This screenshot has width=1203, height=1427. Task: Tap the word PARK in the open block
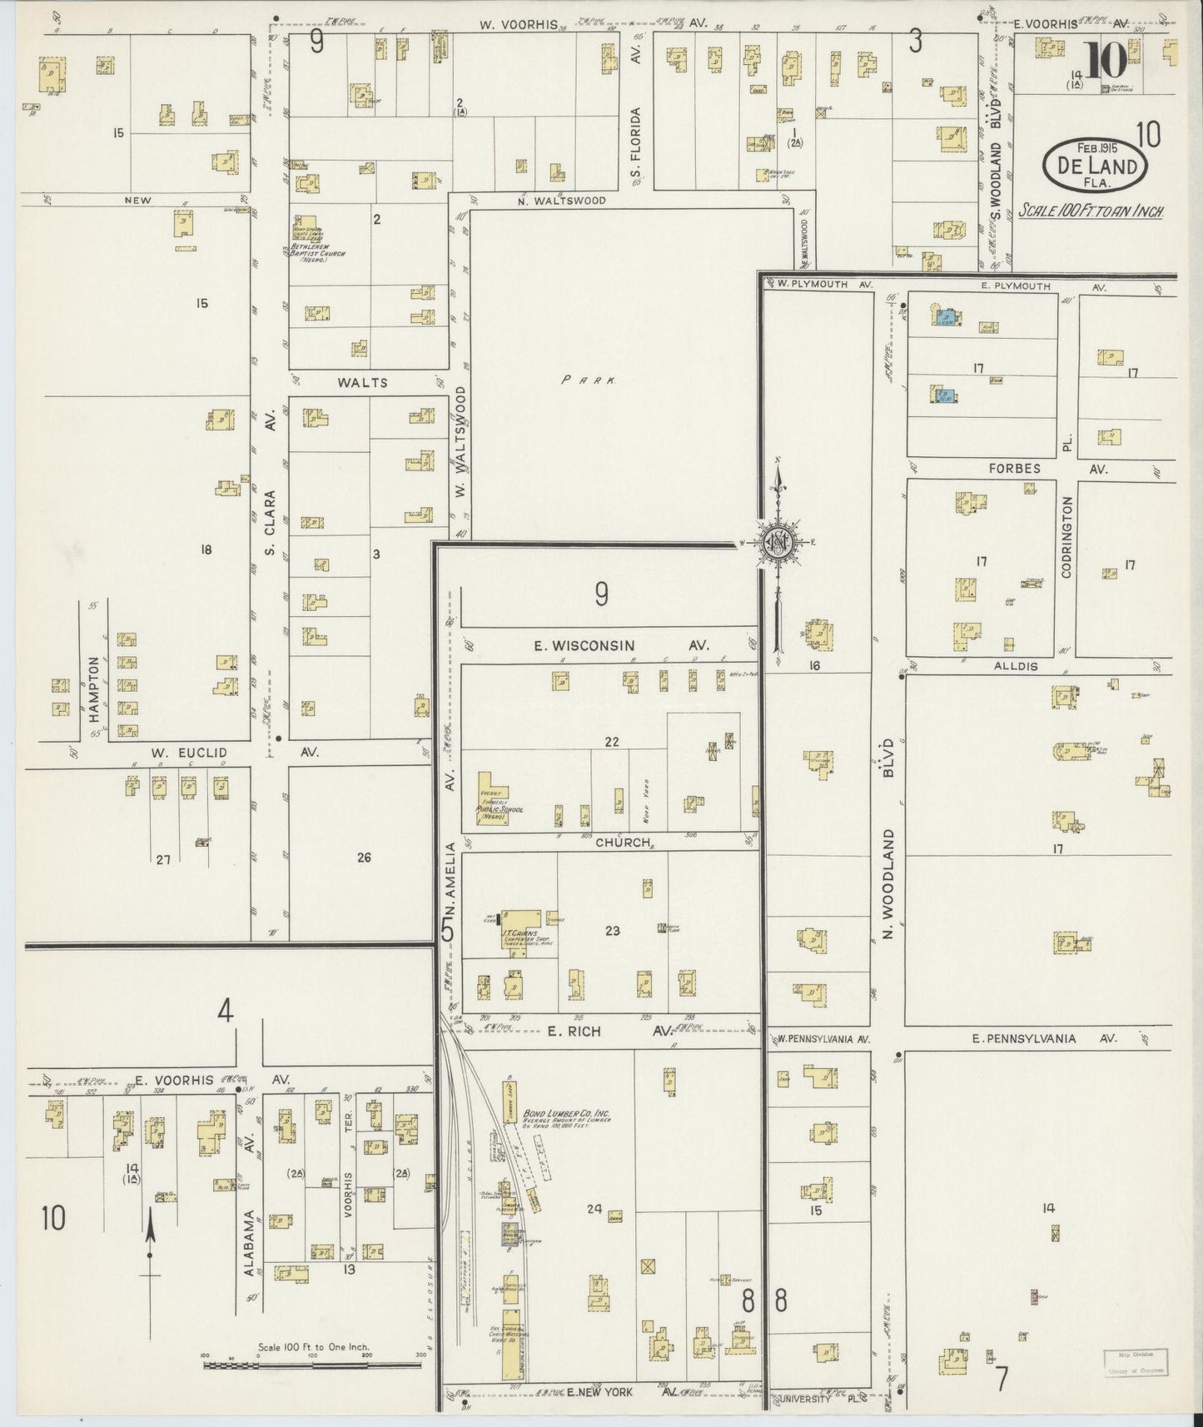588,380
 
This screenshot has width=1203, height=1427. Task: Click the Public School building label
493,812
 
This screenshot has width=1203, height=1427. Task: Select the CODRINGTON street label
1066,538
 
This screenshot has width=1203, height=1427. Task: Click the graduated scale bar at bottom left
312,1365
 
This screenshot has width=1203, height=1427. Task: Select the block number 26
364,858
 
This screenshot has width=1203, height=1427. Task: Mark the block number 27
162,859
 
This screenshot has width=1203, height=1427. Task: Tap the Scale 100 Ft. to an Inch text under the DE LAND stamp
1091,211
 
